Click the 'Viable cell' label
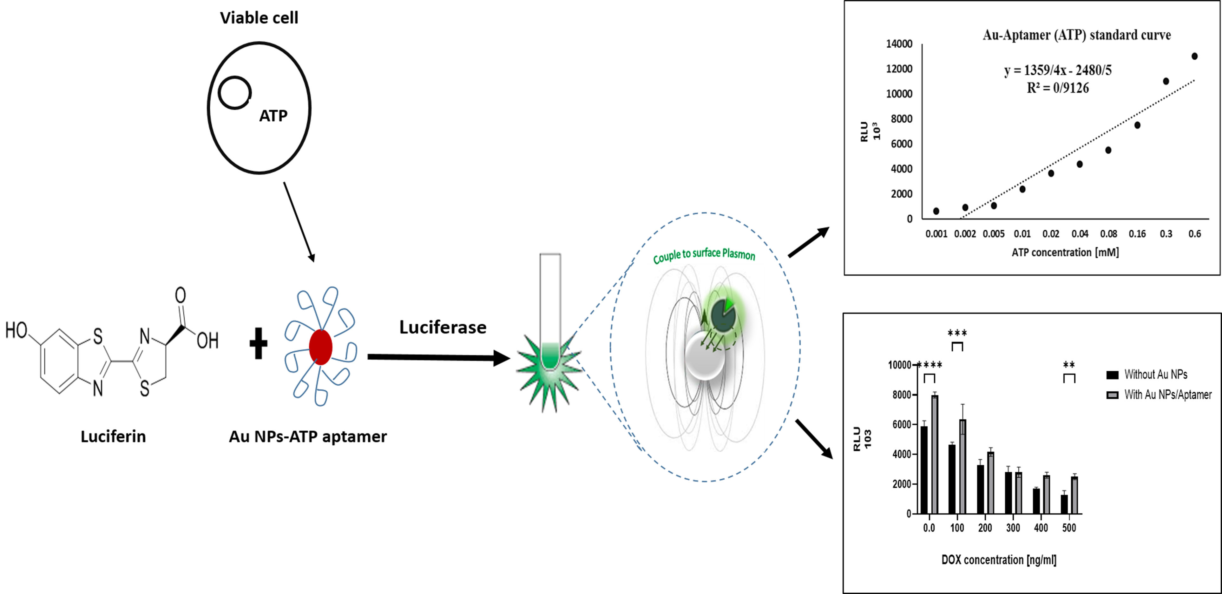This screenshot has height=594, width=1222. (259, 18)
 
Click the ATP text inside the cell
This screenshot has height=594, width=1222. (273, 116)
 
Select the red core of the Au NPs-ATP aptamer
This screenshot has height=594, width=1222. (321, 347)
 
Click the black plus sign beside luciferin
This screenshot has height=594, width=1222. (259, 343)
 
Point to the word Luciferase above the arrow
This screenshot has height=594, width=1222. (443, 327)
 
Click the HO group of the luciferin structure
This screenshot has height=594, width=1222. (16, 330)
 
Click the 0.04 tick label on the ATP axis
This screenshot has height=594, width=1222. (1080, 233)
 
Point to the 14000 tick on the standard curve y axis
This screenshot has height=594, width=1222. (899, 44)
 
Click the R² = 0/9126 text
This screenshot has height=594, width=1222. (1058, 88)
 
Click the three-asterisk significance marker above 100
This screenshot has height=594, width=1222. (957, 333)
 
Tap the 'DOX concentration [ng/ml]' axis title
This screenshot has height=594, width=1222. (999, 560)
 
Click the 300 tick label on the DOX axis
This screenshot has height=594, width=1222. (1013, 528)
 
